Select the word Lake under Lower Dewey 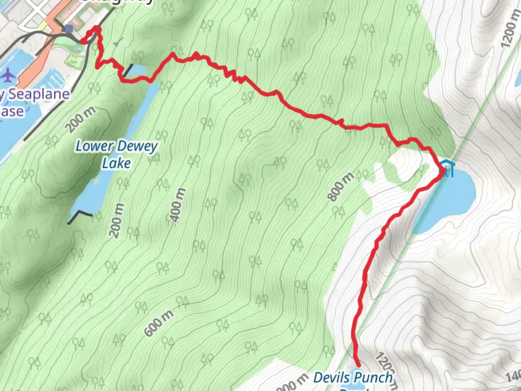click(x=116, y=163)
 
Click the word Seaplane click(x=39, y=94)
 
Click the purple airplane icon click(x=8, y=75)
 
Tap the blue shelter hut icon click(x=447, y=168)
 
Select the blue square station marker click(x=69, y=29)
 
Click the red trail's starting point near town click(x=83, y=42)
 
